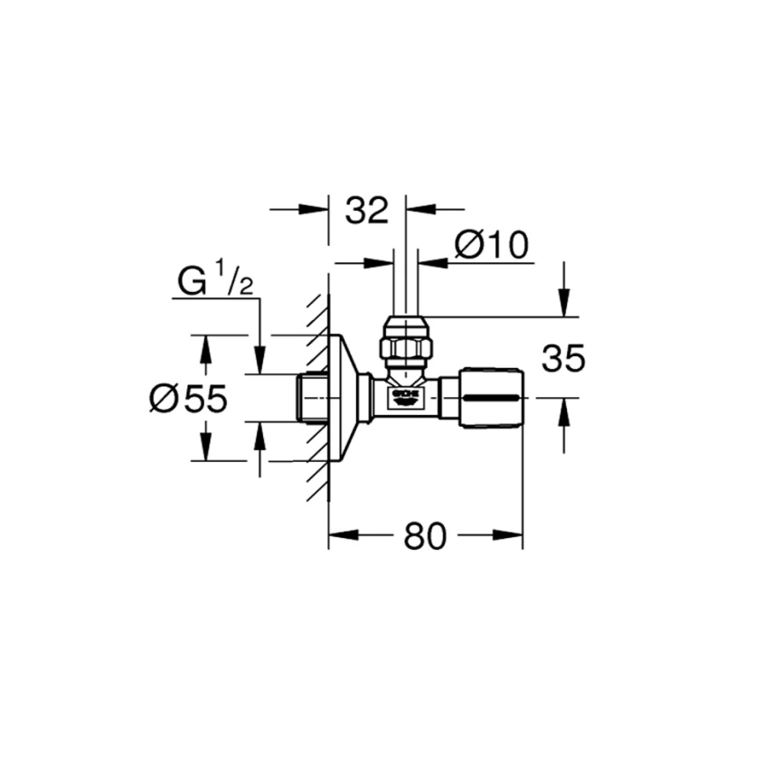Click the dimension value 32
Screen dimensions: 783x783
click(x=365, y=210)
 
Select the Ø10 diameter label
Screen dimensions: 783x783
click(x=491, y=245)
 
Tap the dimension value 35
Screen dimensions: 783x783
click(x=564, y=360)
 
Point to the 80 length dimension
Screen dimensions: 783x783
click(x=425, y=536)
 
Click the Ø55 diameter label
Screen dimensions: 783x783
click(x=188, y=399)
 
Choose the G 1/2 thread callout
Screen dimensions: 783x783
click(x=215, y=283)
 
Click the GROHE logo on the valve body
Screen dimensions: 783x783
click(x=405, y=396)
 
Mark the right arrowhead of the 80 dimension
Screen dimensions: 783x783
click(x=513, y=534)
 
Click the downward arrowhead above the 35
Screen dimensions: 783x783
click(x=564, y=307)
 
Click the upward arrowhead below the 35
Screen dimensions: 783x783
click(x=564, y=408)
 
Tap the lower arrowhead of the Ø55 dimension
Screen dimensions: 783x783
click(x=206, y=450)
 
